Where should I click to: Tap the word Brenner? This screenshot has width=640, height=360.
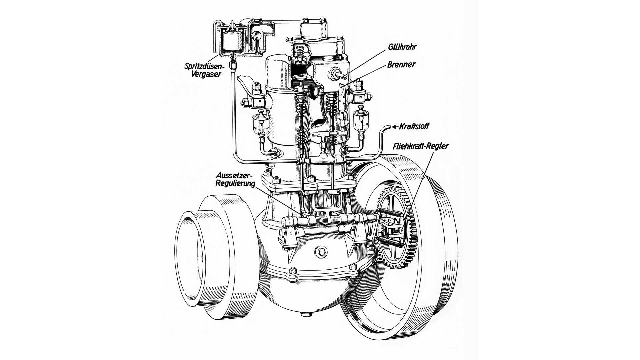[x=401, y=64]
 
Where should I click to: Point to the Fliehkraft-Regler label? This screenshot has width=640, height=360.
[x=421, y=146]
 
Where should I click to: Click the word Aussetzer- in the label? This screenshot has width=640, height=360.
[x=235, y=175]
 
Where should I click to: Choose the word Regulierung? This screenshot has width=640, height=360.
[x=235, y=183]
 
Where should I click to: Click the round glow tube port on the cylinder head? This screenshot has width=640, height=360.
[x=335, y=74]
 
